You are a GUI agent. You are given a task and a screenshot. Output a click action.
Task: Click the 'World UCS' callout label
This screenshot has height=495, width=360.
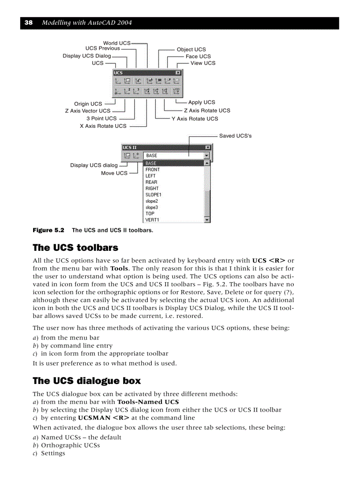click(116, 43)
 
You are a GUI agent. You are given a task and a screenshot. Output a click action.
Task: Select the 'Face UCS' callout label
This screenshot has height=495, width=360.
click(198, 56)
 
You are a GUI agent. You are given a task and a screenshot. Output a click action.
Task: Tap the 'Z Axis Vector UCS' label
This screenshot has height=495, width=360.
click(87, 111)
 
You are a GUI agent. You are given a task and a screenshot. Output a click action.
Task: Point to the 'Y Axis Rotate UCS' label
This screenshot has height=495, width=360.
click(195, 119)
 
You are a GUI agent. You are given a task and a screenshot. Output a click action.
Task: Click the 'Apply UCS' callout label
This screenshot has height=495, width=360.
click(202, 102)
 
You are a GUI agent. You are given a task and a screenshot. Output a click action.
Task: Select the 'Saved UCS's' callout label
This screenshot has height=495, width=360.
click(235, 136)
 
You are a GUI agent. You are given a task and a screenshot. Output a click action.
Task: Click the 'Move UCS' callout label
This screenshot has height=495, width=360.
click(114, 173)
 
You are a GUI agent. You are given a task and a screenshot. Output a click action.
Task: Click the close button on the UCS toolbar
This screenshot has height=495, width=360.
click(178, 73)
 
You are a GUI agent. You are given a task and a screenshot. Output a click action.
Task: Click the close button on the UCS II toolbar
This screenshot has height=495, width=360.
click(208, 148)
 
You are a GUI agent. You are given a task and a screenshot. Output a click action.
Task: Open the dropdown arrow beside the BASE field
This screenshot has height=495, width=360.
click(206, 156)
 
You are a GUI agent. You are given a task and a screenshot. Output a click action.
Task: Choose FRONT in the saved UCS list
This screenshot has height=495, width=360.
click(153, 170)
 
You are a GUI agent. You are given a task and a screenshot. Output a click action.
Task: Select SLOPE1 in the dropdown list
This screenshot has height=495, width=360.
click(154, 194)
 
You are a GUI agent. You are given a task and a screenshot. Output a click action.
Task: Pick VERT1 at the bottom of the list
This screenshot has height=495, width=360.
click(152, 220)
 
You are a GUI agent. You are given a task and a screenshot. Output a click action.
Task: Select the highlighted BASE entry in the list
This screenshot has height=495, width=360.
click(151, 164)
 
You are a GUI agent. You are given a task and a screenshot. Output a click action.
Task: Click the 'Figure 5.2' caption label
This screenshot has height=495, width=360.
click(49, 230)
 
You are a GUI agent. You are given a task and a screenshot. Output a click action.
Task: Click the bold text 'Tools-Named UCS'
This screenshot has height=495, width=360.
click(148, 402)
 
